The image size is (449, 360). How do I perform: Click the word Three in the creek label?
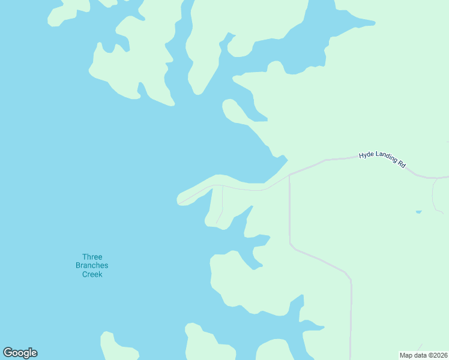pos(92,257)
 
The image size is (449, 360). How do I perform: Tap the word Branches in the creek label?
pos(92,266)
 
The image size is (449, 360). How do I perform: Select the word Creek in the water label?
pos(92,274)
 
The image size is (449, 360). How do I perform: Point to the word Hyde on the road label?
pos(367,155)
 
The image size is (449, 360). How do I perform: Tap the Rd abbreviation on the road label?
pos(402,163)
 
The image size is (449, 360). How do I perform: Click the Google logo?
pos(20,353)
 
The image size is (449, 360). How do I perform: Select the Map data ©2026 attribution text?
pos(424,355)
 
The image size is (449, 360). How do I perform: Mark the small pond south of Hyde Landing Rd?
pos(418,211)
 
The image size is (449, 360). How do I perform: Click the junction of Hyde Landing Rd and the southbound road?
pos(289,175)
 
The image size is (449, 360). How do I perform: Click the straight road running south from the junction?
pos(289,210)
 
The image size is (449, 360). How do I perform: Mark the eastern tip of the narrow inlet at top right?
pos(373,24)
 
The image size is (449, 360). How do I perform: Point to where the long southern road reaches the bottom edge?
pos(351,358)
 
